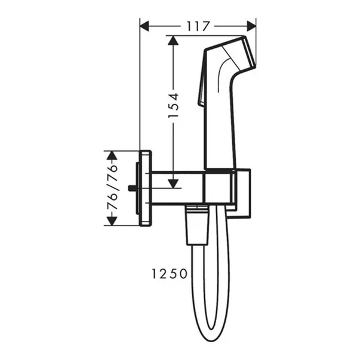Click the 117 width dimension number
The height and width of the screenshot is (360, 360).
click(198, 26)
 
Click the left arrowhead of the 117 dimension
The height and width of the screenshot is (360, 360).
click(146, 26)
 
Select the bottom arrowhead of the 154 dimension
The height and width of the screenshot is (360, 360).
click(173, 181)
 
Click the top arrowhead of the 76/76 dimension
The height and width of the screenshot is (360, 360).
click(112, 156)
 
